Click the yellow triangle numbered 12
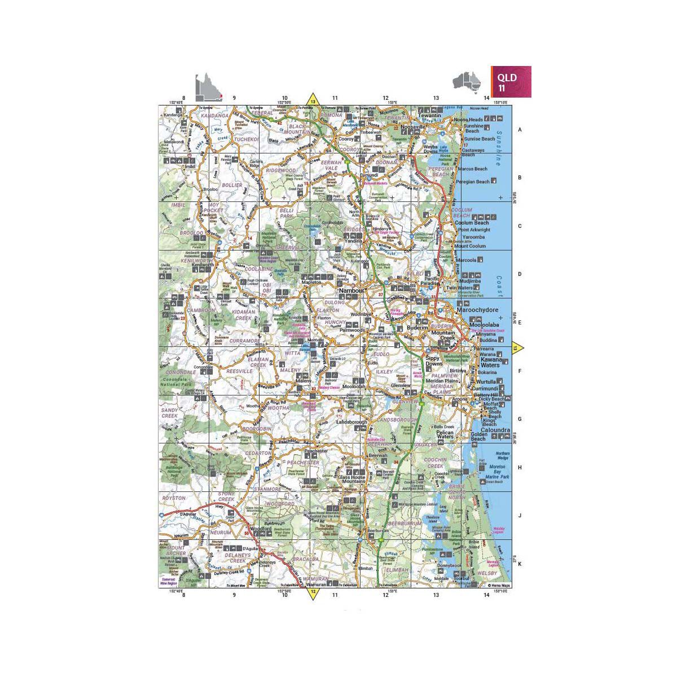click(313, 592)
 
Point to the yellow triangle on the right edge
click(517, 349)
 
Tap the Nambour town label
click(353, 291)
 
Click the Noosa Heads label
click(469, 120)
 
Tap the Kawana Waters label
click(490, 362)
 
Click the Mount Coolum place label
click(470, 246)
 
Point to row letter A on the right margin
click(520, 129)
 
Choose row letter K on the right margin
click(520, 564)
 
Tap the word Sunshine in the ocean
click(498, 150)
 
